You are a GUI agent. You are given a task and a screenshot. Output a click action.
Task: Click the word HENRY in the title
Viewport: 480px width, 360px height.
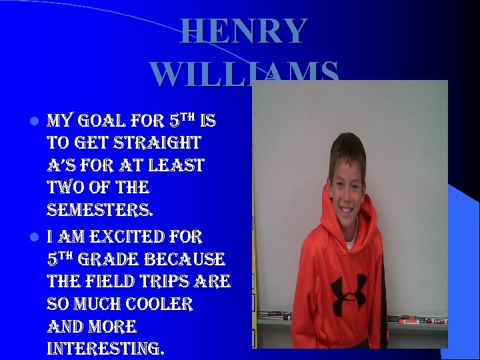tap(244, 31)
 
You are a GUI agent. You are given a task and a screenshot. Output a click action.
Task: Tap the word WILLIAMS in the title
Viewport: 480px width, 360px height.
tap(244, 74)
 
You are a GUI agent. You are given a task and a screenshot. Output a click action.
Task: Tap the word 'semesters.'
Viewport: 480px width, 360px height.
tap(99, 211)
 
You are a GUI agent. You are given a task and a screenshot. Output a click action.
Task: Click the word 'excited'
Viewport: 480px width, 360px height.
tap(115, 236)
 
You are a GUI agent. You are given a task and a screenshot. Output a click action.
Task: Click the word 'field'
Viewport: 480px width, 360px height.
tap(108, 282)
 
